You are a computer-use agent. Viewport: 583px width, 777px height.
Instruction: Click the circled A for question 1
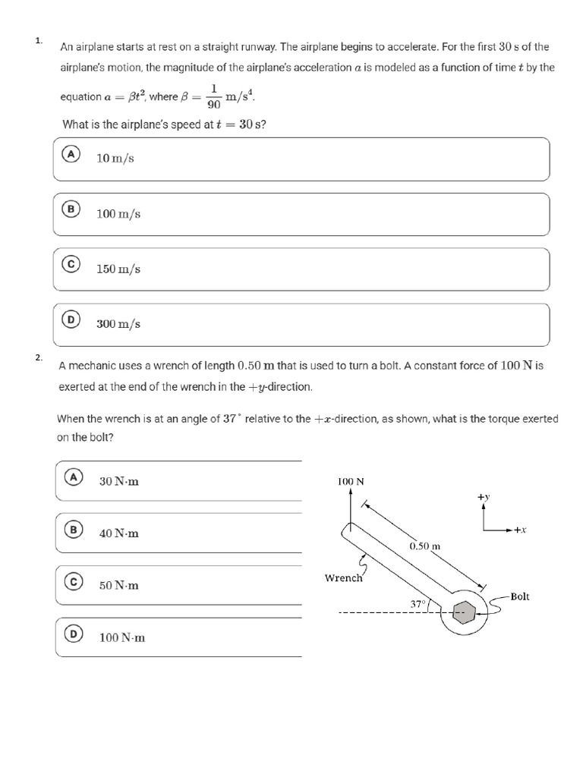click(x=71, y=153)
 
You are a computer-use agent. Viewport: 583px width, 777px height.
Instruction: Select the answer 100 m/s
click(x=118, y=214)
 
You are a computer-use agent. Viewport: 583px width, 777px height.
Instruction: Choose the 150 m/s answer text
click(x=118, y=269)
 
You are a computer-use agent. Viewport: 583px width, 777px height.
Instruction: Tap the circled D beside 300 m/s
click(x=71, y=320)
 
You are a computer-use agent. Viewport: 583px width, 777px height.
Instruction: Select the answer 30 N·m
click(x=119, y=481)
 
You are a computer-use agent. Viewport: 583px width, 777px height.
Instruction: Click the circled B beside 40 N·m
click(x=73, y=530)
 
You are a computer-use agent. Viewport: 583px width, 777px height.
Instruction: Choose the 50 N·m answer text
click(x=119, y=586)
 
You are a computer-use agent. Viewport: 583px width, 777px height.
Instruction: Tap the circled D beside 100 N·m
click(x=73, y=634)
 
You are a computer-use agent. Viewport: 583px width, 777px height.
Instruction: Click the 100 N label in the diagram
click(x=350, y=481)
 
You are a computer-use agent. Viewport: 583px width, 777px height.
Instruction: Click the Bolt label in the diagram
click(x=520, y=596)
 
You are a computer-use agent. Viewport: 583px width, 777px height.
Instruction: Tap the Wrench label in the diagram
click(x=344, y=578)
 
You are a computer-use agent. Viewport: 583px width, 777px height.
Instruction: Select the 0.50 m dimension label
click(x=425, y=546)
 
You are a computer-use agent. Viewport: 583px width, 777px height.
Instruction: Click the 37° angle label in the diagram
click(x=417, y=604)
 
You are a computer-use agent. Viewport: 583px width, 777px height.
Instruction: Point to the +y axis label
click(x=484, y=496)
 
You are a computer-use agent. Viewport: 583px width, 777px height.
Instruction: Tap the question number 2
click(x=39, y=357)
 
